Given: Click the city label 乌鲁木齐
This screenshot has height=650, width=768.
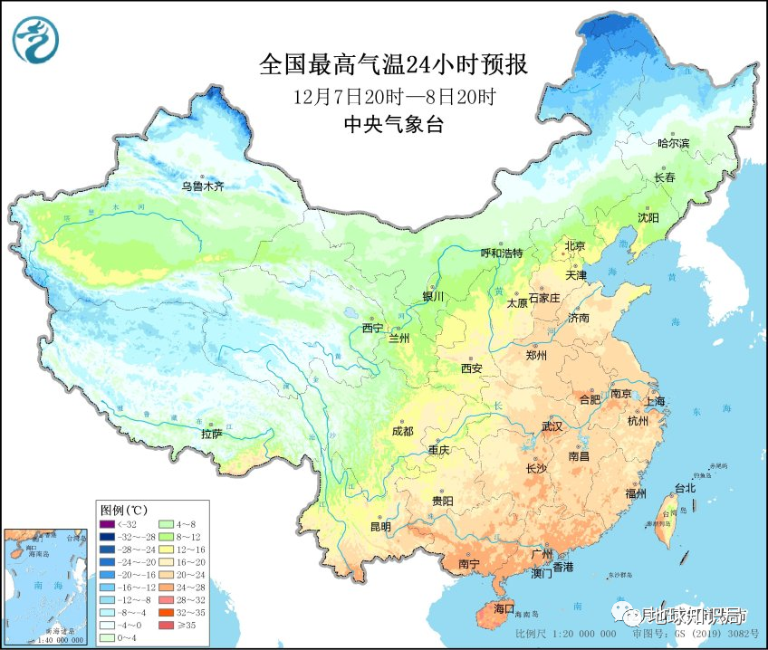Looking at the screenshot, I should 201,186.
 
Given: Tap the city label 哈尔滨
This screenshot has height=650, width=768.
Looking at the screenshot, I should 673,144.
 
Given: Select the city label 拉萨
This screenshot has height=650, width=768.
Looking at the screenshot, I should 211,435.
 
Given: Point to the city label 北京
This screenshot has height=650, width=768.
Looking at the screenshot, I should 575,245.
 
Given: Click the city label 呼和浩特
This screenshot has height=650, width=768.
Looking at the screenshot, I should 501,253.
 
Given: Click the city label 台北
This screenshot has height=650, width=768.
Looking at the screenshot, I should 684,488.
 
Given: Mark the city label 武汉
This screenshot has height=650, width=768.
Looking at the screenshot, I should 552,425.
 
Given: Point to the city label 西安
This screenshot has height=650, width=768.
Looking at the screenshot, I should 472,368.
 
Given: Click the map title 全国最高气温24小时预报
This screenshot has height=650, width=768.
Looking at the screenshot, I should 393,65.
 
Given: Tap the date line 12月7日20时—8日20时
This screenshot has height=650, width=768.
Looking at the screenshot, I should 393,96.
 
